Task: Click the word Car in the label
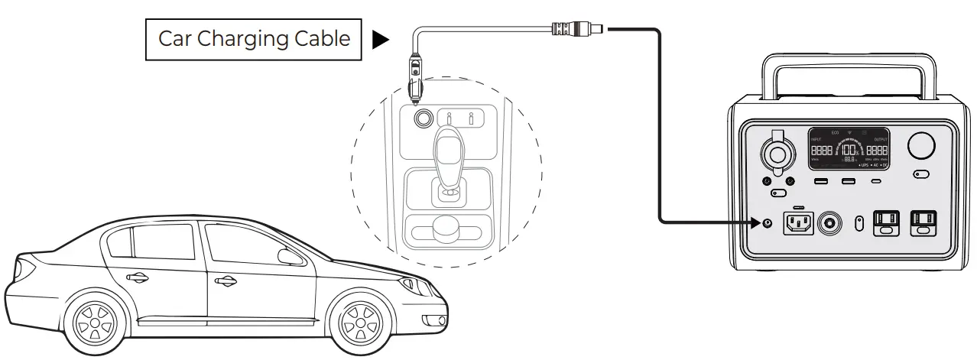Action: point(174,40)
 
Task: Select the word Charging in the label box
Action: point(243,40)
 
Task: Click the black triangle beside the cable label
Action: point(380,40)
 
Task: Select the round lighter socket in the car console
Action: point(422,118)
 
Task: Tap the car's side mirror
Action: point(289,257)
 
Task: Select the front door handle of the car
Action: point(226,281)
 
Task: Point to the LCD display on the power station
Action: point(849,149)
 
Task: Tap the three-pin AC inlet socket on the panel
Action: point(798,224)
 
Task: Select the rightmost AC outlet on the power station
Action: point(923,223)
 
